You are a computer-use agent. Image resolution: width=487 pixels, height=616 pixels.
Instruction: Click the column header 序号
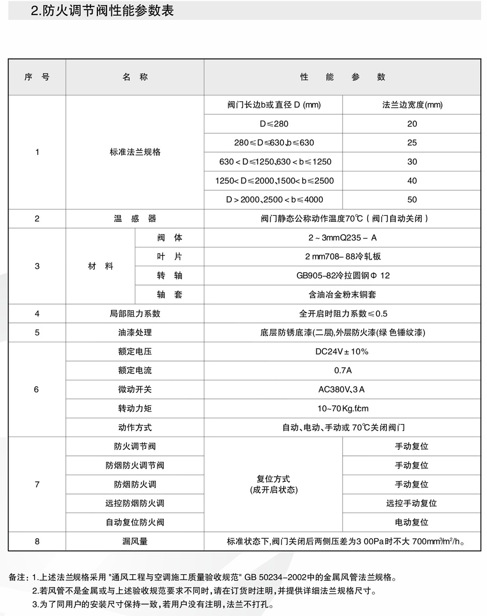tap(37, 77)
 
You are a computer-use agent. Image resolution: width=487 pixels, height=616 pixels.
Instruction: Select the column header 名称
tap(135, 77)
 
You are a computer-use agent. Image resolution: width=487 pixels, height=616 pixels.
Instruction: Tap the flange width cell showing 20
tap(412, 124)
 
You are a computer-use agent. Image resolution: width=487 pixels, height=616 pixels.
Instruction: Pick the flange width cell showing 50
tap(412, 200)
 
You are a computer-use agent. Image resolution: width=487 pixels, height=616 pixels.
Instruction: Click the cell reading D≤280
tap(274, 124)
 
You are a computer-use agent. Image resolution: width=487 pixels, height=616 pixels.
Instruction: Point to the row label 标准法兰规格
tap(135, 152)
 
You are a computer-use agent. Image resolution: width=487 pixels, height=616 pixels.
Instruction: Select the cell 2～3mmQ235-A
tap(343, 238)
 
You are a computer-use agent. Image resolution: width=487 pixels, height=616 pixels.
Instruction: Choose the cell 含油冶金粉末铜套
tap(343, 295)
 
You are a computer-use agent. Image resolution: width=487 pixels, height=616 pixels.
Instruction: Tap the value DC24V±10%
tap(343, 352)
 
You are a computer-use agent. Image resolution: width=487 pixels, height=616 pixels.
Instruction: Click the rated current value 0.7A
tap(343, 371)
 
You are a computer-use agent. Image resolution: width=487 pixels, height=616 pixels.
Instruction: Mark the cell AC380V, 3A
tap(343, 389)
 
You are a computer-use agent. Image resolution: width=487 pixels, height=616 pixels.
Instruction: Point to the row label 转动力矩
tap(135, 409)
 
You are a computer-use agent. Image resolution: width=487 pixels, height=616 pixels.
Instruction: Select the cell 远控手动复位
tap(412, 504)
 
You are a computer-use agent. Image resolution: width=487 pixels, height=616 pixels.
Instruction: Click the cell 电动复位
tap(412, 522)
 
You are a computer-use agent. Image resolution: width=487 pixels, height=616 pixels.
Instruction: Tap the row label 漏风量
tap(135, 542)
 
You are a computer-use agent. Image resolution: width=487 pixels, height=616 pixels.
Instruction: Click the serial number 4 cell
tap(37, 313)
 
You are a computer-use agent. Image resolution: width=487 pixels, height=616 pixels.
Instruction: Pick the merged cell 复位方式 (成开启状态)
tap(273, 484)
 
